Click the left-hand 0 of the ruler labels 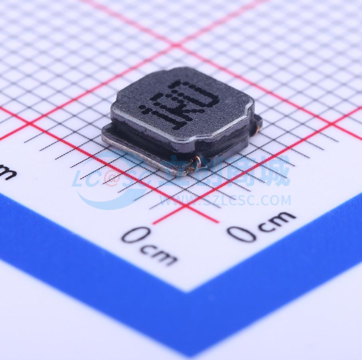click(136, 235)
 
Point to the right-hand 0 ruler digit click(242, 233)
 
